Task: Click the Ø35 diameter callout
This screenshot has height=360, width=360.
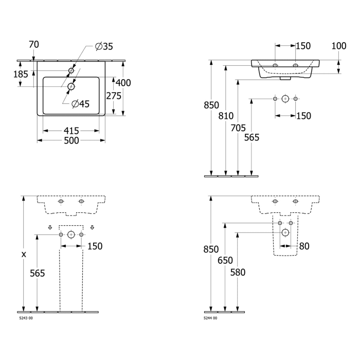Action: (x=104, y=47)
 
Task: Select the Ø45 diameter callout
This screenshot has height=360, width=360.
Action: (x=80, y=104)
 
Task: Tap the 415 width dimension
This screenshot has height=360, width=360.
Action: (x=71, y=131)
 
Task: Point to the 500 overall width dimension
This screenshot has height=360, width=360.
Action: (x=71, y=140)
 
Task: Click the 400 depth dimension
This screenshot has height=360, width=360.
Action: (x=123, y=83)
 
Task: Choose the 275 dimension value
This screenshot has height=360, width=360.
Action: (x=114, y=96)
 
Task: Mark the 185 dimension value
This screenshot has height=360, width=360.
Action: (x=21, y=74)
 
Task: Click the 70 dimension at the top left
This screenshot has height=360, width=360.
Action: (x=34, y=45)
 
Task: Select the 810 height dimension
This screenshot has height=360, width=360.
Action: (x=226, y=116)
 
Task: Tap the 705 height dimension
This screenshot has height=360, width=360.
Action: (x=238, y=128)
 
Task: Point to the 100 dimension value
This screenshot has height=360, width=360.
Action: (x=339, y=46)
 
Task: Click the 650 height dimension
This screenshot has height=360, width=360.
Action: (x=225, y=261)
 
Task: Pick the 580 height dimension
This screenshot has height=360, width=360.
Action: (x=238, y=273)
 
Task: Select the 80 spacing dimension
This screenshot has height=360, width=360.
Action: (x=304, y=246)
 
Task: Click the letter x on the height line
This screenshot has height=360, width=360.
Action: (x=24, y=254)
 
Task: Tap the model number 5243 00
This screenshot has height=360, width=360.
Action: (x=26, y=318)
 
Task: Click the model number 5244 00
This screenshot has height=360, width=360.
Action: (x=210, y=318)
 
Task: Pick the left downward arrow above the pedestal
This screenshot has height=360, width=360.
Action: (x=50, y=227)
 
